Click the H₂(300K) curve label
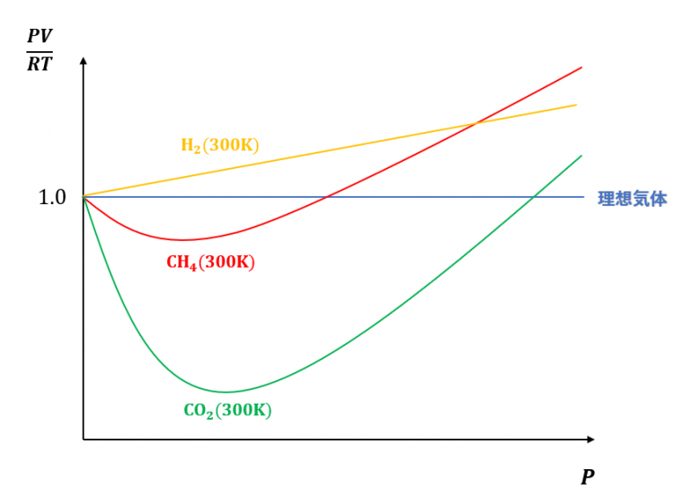pos(219,145)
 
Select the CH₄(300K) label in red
pos(210,263)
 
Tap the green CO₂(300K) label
pos(227,411)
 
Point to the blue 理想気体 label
pos(632,199)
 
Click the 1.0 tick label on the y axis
pos(52,197)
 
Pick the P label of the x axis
pos(588,476)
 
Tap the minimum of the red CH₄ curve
pos(183,240)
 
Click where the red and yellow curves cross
pos(475,122)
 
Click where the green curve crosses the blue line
pos(533,197)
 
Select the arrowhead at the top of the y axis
pos(83,60)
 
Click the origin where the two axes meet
pos(83,440)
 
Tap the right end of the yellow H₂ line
pos(576,104)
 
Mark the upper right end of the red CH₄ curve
pos(582,67)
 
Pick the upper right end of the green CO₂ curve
pos(582,156)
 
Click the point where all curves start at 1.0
pos(83,196)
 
